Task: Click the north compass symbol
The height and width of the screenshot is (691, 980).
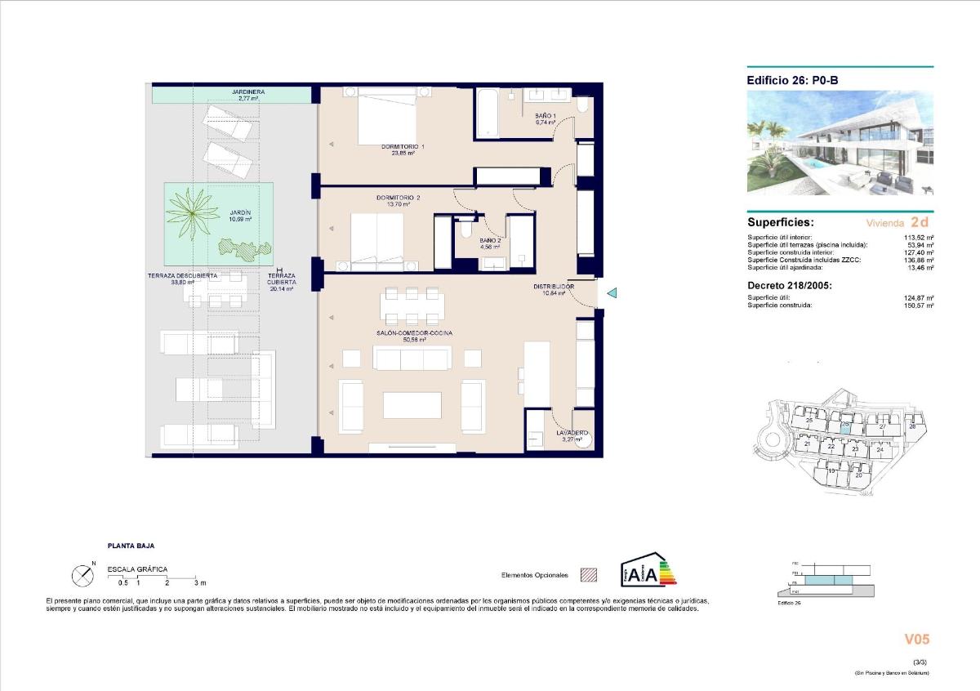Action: tap(83, 577)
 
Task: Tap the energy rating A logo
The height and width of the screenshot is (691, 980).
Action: tap(648, 571)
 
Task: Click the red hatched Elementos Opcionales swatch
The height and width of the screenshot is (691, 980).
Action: tap(588, 575)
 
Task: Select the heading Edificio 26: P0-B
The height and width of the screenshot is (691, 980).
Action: tap(792, 80)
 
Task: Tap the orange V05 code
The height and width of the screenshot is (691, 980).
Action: tap(916, 640)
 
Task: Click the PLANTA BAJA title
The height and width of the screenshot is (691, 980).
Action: tap(131, 546)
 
